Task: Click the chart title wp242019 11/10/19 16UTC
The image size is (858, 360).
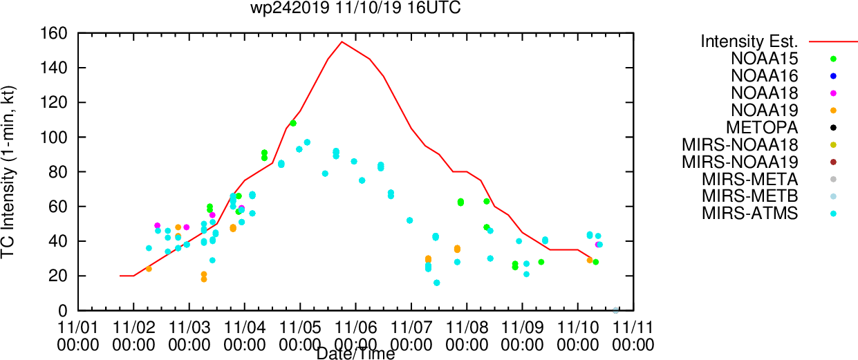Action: pos(355,8)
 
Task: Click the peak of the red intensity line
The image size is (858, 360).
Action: pos(342,41)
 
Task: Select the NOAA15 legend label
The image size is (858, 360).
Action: pos(764,59)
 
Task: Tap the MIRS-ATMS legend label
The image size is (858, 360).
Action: pos(749,214)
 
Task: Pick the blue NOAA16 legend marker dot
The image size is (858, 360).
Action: pos(832,76)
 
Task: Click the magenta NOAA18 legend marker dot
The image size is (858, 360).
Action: pos(832,93)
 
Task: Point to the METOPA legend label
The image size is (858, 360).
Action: pos(762,128)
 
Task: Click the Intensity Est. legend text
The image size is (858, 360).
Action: pos(749,41)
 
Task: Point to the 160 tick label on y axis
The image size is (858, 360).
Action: pos(54,34)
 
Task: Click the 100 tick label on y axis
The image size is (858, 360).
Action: pos(54,137)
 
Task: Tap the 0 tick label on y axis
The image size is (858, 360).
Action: pos(63,311)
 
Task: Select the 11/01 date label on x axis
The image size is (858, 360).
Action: pos(78,328)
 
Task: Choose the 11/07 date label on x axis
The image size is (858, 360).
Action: pos(411,328)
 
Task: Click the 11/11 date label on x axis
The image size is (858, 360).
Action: pos(633,328)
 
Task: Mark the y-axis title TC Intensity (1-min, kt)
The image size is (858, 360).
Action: pos(8,172)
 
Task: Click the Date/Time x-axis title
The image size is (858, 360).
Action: pos(355,354)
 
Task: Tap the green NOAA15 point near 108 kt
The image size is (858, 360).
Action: pos(293,123)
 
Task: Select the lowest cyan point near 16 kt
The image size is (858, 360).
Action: pos(437,283)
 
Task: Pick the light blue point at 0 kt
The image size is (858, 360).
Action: pos(615,310)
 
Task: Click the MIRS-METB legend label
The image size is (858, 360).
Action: pos(749,196)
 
